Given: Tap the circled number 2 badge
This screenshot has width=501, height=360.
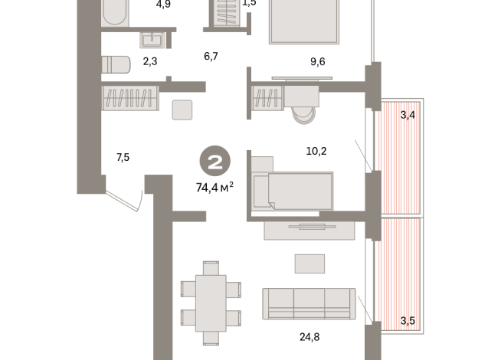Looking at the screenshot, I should pyautogui.click(x=214, y=162).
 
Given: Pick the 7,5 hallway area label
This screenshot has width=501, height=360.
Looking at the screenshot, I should pyautogui.click(x=123, y=158).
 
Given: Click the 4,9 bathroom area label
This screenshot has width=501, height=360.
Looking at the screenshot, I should pyautogui.click(x=162, y=5).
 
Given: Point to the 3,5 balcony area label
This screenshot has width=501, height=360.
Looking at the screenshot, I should pyautogui.click(x=407, y=320).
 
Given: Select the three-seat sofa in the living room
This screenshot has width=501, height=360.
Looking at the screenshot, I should pyautogui.click(x=308, y=303).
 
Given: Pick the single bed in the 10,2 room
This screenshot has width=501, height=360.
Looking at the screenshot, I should pyautogui.click(x=293, y=189).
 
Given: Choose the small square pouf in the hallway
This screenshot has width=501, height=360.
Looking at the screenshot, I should pyautogui.click(x=183, y=110).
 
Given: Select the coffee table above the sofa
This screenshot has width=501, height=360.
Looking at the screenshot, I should pyautogui.click(x=310, y=263).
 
